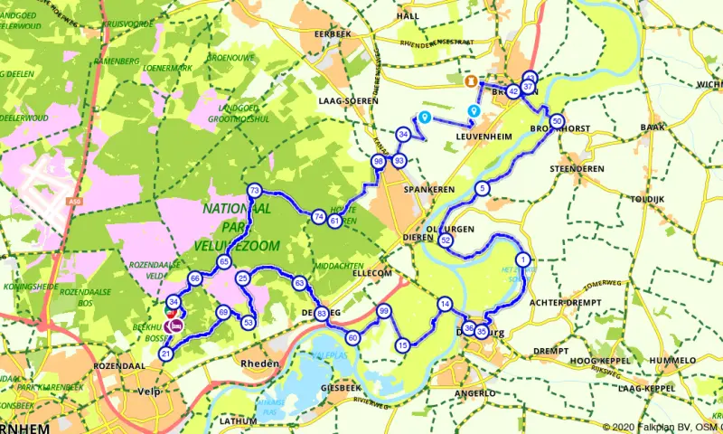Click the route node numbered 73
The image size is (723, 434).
[x=255, y=191]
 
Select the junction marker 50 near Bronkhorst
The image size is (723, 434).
[x=557, y=121]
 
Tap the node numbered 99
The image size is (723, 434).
[x=384, y=311]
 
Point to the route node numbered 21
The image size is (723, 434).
[x=165, y=354]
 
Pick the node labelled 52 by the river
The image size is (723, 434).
[x=445, y=241]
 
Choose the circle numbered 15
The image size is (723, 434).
[x=403, y=344]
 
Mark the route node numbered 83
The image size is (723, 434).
[x=322, y=313]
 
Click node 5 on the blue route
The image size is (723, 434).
[x=483, y=188]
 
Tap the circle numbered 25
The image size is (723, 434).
[x=242, y=279]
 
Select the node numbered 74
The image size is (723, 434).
[x=318, y=217]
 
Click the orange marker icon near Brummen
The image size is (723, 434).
[x=470, y=81]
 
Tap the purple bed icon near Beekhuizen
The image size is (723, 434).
[x=175, y=325]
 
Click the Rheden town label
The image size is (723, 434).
[x=257, y=363]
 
